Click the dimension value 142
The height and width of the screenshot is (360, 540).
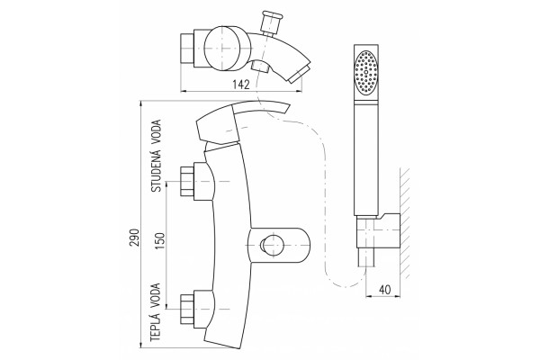(x=240, y=84)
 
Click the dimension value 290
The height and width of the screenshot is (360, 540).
(x=135, y=238)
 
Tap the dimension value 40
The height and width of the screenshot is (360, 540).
(x=384, y=290)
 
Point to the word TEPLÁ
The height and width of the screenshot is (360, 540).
(x=156, y=325)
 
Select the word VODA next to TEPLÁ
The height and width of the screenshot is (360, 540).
(x=156, y=294)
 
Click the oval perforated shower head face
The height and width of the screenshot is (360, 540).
(x=365, y=73)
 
